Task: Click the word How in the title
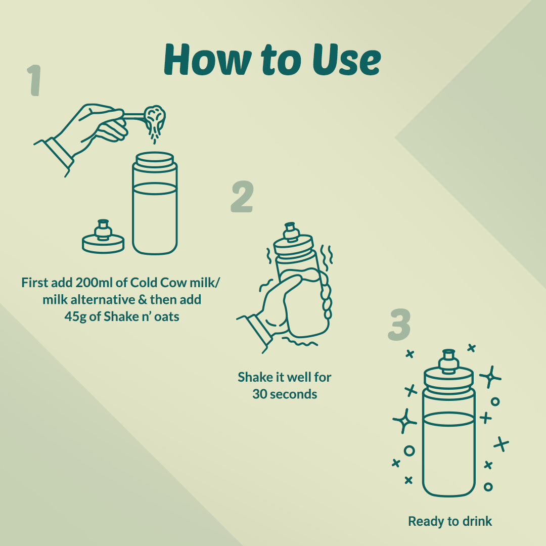pos(208,60)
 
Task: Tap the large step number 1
pos(35,80)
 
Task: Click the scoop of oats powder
pos(155,117)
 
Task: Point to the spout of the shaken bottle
pos(291,231)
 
